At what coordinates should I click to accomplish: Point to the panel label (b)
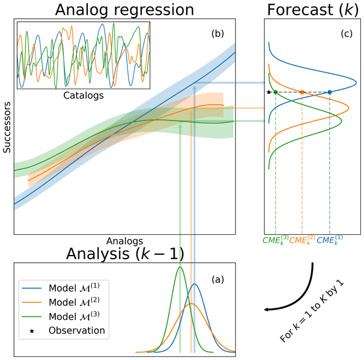(x=217, y=34)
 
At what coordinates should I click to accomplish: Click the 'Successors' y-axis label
(x=7, y=126)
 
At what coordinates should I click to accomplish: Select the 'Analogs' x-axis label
(x=124, y=240)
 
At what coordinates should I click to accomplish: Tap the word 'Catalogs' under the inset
(x=83, y=95)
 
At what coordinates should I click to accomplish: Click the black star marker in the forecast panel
(x=268, y=92)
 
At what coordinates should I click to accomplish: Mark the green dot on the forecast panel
(x=275, y=92)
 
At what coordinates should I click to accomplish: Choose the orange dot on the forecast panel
(x=302, y=92)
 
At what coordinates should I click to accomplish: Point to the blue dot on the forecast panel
(x=329, y=92)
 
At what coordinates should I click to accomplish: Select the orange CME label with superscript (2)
(x=302, y=240)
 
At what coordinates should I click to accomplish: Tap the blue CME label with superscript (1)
(x=330, y=240)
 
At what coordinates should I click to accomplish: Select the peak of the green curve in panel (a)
(x=180, y=267)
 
